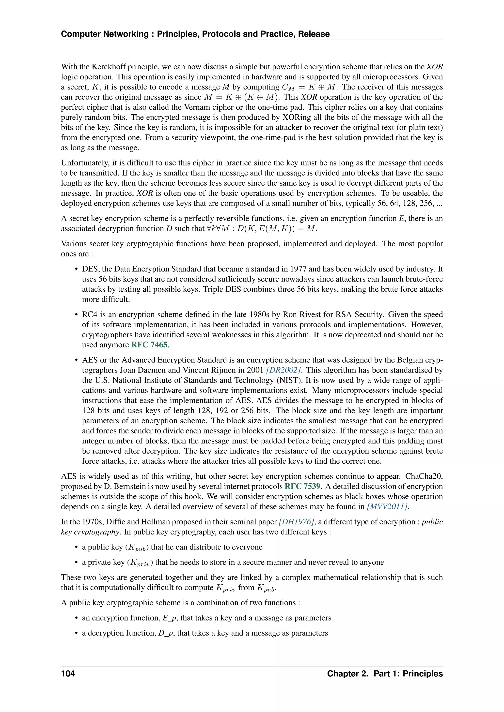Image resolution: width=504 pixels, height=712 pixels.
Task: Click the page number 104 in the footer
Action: [x=68, y=674]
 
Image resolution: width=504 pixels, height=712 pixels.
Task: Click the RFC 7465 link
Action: [x=149, y=345]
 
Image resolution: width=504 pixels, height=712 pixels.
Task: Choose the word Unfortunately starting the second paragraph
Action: [x=83, y=163]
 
